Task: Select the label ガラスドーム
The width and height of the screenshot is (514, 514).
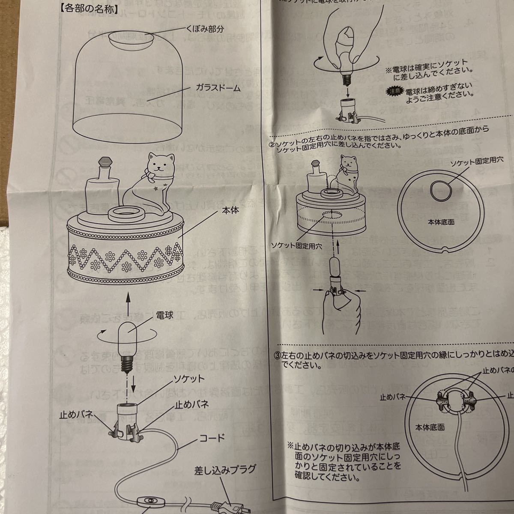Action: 219,88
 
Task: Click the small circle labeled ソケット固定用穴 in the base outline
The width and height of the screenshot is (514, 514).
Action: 440,188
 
